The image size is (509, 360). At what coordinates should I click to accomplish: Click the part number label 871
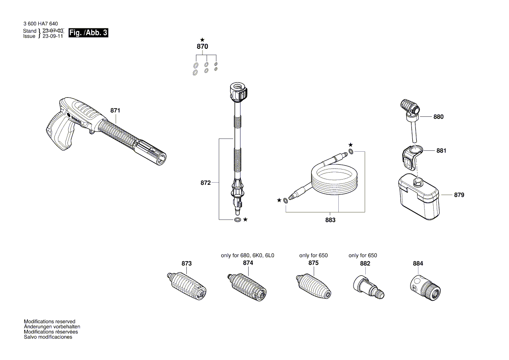coord(115,111)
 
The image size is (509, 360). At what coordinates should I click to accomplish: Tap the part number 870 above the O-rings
coord(202,47)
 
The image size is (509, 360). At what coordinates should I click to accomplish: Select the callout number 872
coord(206,183)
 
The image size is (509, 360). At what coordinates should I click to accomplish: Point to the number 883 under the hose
coord(330,220)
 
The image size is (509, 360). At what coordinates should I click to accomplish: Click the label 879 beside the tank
coord(459,195)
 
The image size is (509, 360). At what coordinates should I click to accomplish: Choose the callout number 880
coord(438,117)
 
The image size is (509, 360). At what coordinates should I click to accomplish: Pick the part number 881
coord(442,150)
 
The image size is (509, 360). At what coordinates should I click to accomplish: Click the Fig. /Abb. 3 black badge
coord(88,33)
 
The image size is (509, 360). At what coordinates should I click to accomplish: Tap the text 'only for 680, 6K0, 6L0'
coord(248,255)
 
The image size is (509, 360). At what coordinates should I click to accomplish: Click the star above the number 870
coord(202,40)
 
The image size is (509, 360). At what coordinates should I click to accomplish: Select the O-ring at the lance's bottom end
coord(237,219)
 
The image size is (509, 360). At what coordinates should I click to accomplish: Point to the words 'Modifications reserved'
coord(49,322)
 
